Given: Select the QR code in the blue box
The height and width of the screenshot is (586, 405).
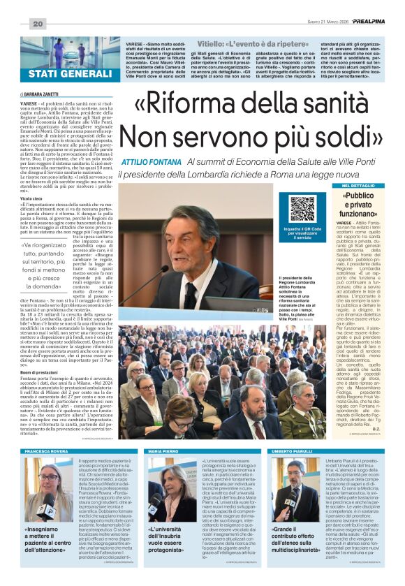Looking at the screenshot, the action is [302, 209].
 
